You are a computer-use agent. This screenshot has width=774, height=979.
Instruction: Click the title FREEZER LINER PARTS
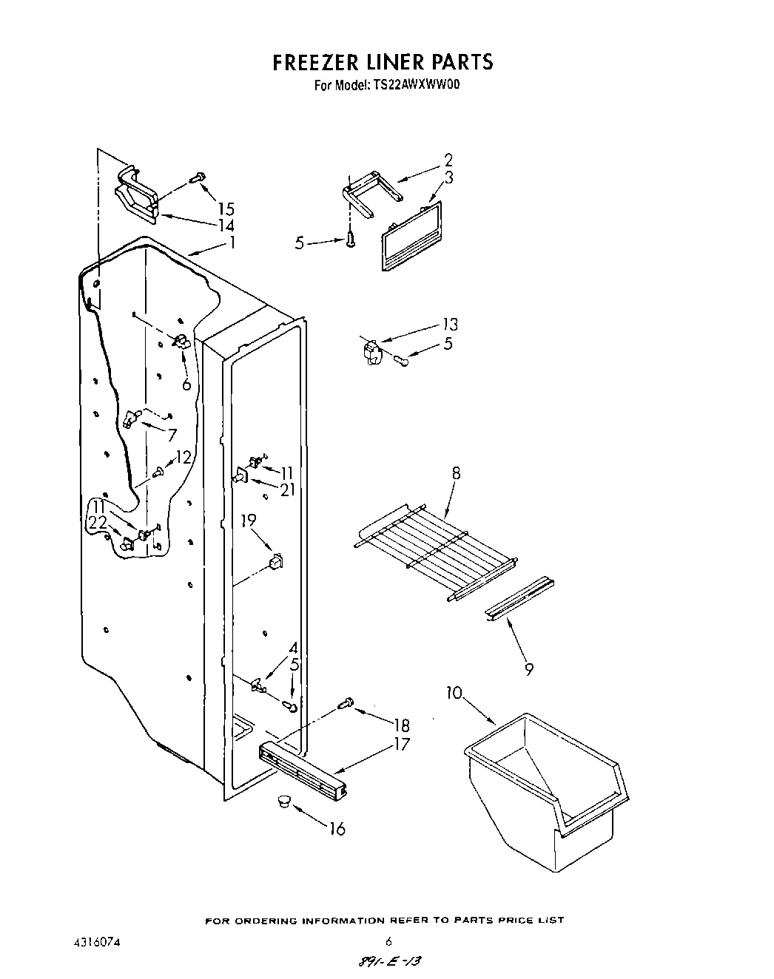coord(383,62)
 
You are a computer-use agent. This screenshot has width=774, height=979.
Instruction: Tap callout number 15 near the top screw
coord(226,209)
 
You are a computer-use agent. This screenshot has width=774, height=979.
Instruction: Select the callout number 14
coord(226,226)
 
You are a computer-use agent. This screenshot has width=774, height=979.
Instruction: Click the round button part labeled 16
coord(283,801)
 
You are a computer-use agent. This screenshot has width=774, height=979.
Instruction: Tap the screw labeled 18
coord(345,705)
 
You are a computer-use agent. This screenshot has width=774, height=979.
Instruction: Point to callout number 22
coord(98,522)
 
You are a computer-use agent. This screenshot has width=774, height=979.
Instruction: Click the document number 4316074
coord(92,943)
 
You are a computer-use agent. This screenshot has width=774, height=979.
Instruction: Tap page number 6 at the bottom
coord(388,941)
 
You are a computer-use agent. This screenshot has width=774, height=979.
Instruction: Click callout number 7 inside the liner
coord(172,435)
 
